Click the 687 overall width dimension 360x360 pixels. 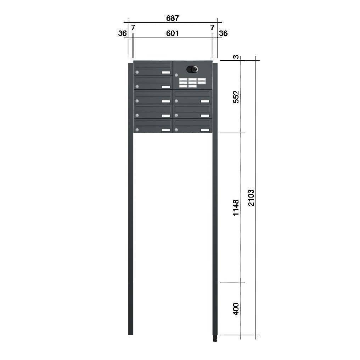click(x=173, y=18)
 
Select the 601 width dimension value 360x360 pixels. click(x=173, y=34)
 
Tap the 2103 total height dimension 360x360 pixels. click(x=251, y=198)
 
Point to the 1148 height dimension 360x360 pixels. click(x=236, y=207)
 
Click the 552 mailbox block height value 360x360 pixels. click(x=236, y=97)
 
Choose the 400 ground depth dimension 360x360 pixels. click(x=236, y=309)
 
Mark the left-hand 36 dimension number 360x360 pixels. click(x=122, y=34)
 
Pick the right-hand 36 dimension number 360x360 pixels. click(x=223, y=34)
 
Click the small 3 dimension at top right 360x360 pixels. click(x=236, y=57)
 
